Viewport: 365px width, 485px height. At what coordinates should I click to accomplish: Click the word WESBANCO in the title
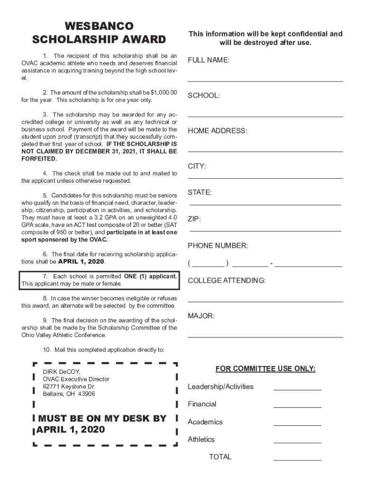(99, 26)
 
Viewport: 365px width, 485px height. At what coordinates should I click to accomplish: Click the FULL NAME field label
(209, 60)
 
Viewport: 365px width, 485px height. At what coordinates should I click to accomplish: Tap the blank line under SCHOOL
(265, 116)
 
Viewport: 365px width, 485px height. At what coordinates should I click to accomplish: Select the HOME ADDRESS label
(218, 131)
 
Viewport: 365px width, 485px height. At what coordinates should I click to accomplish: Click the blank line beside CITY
(265, 178)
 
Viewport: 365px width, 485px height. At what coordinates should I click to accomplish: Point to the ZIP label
(194, 219)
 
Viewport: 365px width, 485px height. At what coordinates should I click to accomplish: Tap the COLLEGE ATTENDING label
(227, 280)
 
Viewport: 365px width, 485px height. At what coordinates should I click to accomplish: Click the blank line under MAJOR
(265, 336)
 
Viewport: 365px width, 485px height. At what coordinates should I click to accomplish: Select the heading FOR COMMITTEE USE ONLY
(265, 369)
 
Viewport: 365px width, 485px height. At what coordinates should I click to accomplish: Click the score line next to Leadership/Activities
(297, 389)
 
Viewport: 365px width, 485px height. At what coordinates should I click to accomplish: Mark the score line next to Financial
(297, 407)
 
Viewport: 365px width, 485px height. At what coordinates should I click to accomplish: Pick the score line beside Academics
(297, 425)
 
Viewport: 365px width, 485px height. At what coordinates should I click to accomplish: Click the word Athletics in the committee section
(201, 440)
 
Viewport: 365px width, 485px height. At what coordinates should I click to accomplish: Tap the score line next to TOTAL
(297, 460)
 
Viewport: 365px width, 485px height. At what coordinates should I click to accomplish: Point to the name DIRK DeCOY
(62, 372)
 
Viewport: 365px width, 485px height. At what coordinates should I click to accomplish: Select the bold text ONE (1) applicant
(150, 276)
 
